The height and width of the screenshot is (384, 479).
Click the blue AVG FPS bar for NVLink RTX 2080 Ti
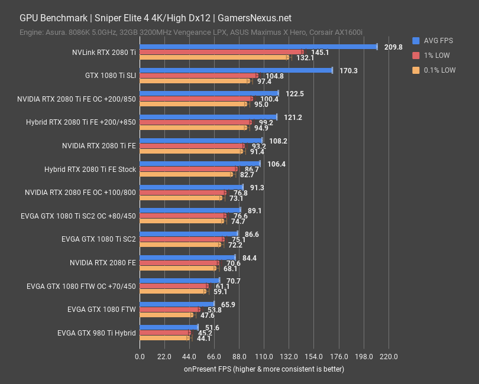(258, 47)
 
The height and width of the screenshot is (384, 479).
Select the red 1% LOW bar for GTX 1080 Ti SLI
(199, 76)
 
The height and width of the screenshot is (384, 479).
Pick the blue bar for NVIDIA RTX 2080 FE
(187, 258)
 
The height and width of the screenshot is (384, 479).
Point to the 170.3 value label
(348, 71)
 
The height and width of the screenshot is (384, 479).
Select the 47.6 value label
(208, 315)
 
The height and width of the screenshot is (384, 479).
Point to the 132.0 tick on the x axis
(289, 357)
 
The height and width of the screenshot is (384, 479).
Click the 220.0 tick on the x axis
(388, 357)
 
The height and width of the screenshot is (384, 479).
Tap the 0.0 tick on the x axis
(140, 357)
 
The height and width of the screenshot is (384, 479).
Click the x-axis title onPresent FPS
(263, 369)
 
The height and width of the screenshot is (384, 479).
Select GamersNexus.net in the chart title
(259, 18)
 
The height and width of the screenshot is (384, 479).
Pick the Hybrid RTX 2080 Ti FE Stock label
(90, 169)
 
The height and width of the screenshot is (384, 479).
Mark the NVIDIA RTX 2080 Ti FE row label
(99, 145)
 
